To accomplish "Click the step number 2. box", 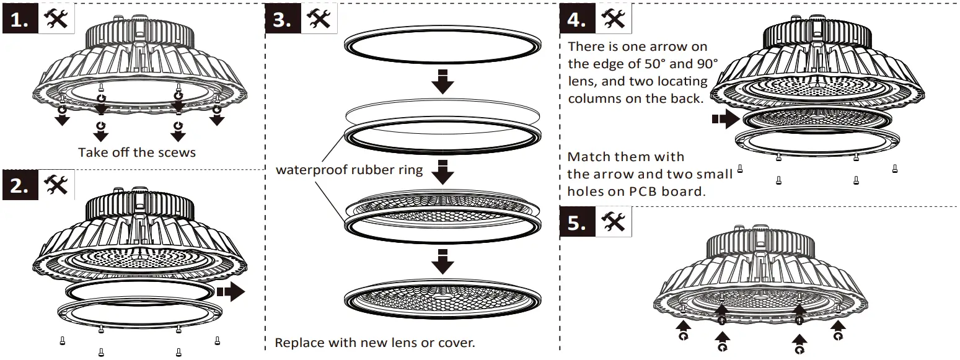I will [x=20, y=185].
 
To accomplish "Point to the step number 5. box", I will [x=577, y=222].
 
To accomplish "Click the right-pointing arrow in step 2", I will [x=232, y=291].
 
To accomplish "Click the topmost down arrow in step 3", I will [x=443, y=82].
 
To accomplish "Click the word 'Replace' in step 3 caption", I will [x=298, y=343].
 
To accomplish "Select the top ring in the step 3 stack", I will [x=442, y=45].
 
